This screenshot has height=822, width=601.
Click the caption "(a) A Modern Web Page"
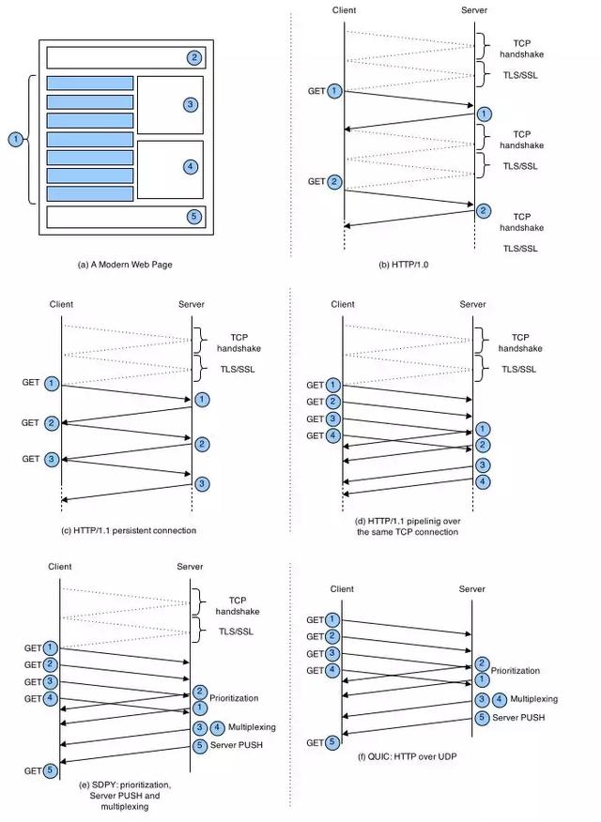point(125,265)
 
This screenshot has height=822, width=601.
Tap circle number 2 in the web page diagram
point(193,57)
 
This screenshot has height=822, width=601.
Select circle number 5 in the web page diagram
point(193,216)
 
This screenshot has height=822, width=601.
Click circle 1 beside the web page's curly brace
point(14,139)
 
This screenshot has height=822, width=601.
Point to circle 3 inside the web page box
point(190,103)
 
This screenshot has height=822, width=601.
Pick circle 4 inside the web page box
point(190,166)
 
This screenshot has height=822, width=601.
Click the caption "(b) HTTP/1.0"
point(406,265)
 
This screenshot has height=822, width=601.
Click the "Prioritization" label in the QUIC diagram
point(516,671)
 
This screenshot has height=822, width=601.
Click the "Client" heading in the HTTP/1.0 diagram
point(345,9)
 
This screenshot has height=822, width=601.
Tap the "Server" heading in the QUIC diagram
point(472,588)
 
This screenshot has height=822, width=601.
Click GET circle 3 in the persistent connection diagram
point(52,459)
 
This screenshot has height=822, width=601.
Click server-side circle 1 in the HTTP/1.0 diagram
point(483,114)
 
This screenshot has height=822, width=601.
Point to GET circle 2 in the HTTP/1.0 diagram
point(335,181)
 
